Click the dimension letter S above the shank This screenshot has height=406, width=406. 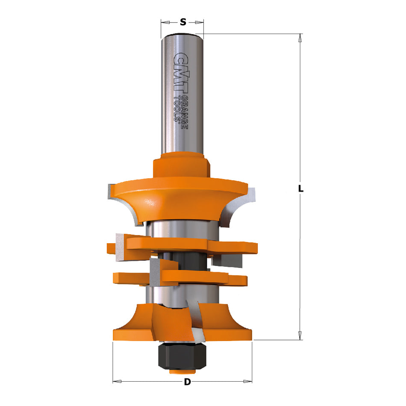[182, 22]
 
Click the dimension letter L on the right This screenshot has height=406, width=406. [301, 188]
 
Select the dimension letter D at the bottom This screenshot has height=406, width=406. [187, 382]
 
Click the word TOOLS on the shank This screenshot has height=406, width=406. [177, 109]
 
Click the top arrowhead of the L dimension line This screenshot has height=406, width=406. [300, 38]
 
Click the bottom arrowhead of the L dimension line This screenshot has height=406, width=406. [300, 336]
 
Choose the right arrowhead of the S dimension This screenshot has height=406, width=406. [200, 22]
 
